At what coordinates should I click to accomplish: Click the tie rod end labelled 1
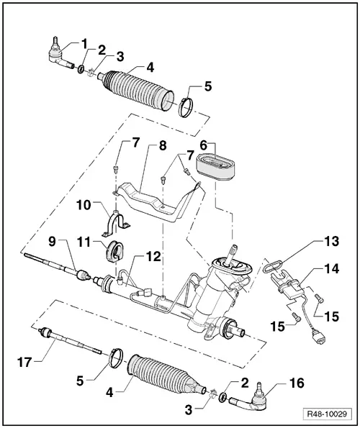coord(58,54)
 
